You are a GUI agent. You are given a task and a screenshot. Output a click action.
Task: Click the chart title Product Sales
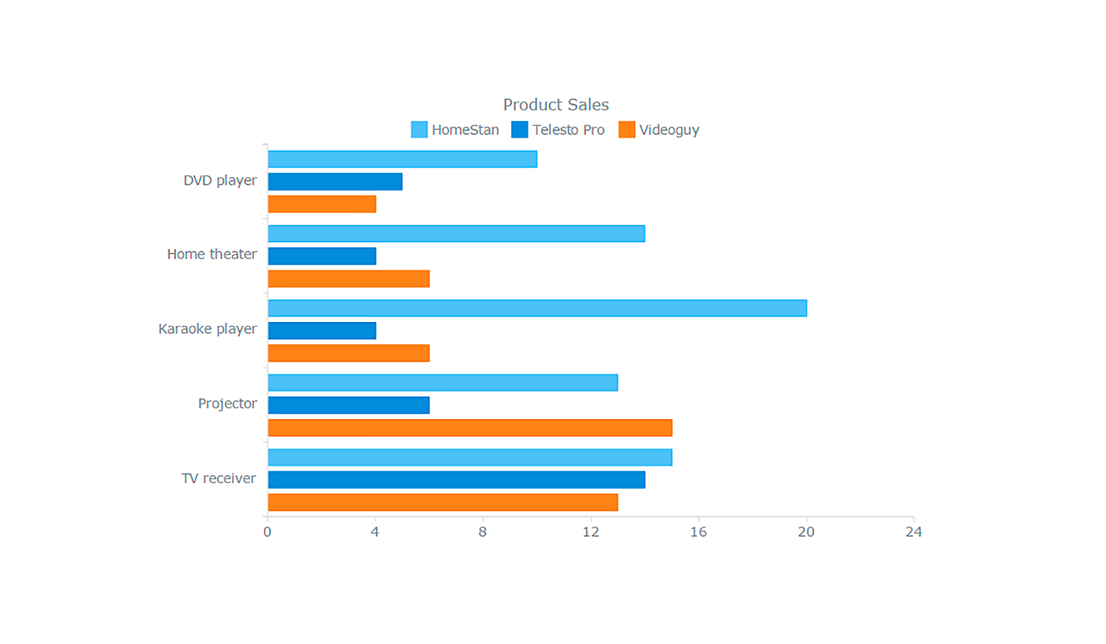tap(555, 105)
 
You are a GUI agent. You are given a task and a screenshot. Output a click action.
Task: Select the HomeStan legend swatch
tap(419, 130)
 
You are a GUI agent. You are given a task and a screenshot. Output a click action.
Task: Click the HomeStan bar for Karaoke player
tap(537, 308)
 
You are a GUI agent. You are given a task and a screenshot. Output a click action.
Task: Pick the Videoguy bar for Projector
tap(470, 428)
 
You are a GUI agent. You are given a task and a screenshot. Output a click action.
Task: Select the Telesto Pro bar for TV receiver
tap(456, 479)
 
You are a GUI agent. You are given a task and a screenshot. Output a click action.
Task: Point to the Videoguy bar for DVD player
tap(322, 204)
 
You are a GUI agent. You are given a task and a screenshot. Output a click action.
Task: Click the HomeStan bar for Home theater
tap(456, 234)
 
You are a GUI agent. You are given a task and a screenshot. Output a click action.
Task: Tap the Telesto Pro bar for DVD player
tap(335, 181)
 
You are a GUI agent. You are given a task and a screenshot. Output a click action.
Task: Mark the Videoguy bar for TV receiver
tap(443, 502)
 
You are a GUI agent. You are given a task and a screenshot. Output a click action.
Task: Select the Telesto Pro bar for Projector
tap(349, 405)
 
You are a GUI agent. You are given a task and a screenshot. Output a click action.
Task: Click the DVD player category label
tap(220, 181)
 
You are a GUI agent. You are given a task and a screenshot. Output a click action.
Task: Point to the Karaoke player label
tap(207, 329)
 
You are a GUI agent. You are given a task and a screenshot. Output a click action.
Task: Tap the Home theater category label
tap(212, 255)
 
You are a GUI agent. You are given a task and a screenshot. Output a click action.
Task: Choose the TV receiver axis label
tap(218, 479)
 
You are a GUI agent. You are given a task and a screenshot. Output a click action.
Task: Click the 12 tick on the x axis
tap(591, 532)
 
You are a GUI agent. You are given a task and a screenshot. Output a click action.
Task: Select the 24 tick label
tap(914, 532)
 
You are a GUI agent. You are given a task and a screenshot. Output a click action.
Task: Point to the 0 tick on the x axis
tap(267, 532)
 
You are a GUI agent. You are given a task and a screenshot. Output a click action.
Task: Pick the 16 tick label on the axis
tap(698, 532)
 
